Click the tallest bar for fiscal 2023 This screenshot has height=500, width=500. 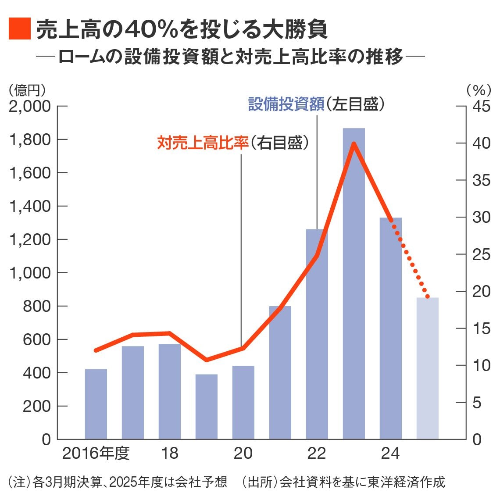click(354, 285)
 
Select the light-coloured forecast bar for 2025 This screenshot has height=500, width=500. click(428, 368)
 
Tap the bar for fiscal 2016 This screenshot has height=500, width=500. click(96, 404)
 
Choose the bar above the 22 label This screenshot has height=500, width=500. click(317, 333)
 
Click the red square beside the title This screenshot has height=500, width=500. click(19, 29)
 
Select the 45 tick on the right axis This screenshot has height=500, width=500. click(481, 107)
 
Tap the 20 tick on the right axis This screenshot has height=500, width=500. click(481, 292)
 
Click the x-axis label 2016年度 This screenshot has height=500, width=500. click(96, 454)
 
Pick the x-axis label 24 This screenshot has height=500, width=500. click(390, 454)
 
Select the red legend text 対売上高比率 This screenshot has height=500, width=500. click(203, 143)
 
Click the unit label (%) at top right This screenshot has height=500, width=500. click(478, 90)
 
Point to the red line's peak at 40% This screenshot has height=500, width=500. click(354, 144)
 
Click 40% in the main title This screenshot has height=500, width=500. click(151, 29)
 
